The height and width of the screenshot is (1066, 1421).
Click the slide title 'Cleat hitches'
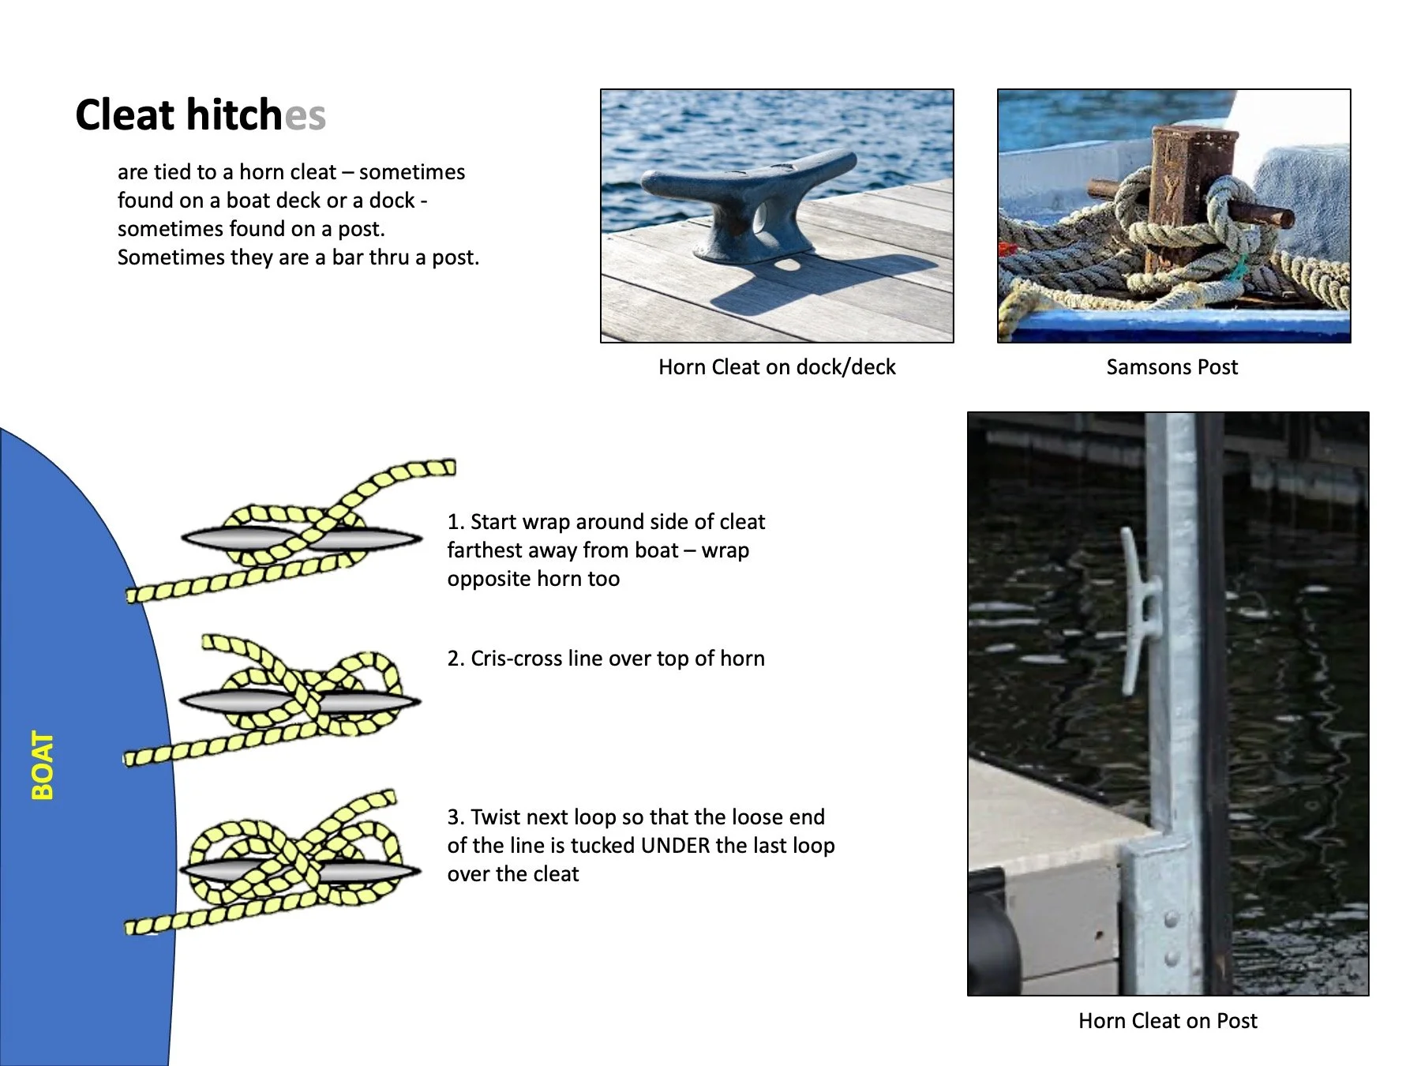coord(201,115)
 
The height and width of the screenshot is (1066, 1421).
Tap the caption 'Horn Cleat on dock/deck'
coord(777,367)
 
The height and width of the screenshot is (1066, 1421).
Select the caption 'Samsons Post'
coord(1172,367)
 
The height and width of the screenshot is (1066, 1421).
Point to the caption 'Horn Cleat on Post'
coord(1168,1021)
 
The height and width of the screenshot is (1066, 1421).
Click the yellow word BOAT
coord(43,765)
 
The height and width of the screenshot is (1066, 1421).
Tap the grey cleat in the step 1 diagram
coord(302,539)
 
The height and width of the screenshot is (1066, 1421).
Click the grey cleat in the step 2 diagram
coord(300,701)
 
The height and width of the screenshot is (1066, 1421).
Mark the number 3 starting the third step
coord(453,817)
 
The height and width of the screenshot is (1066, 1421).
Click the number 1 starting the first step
coord(453,522)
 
